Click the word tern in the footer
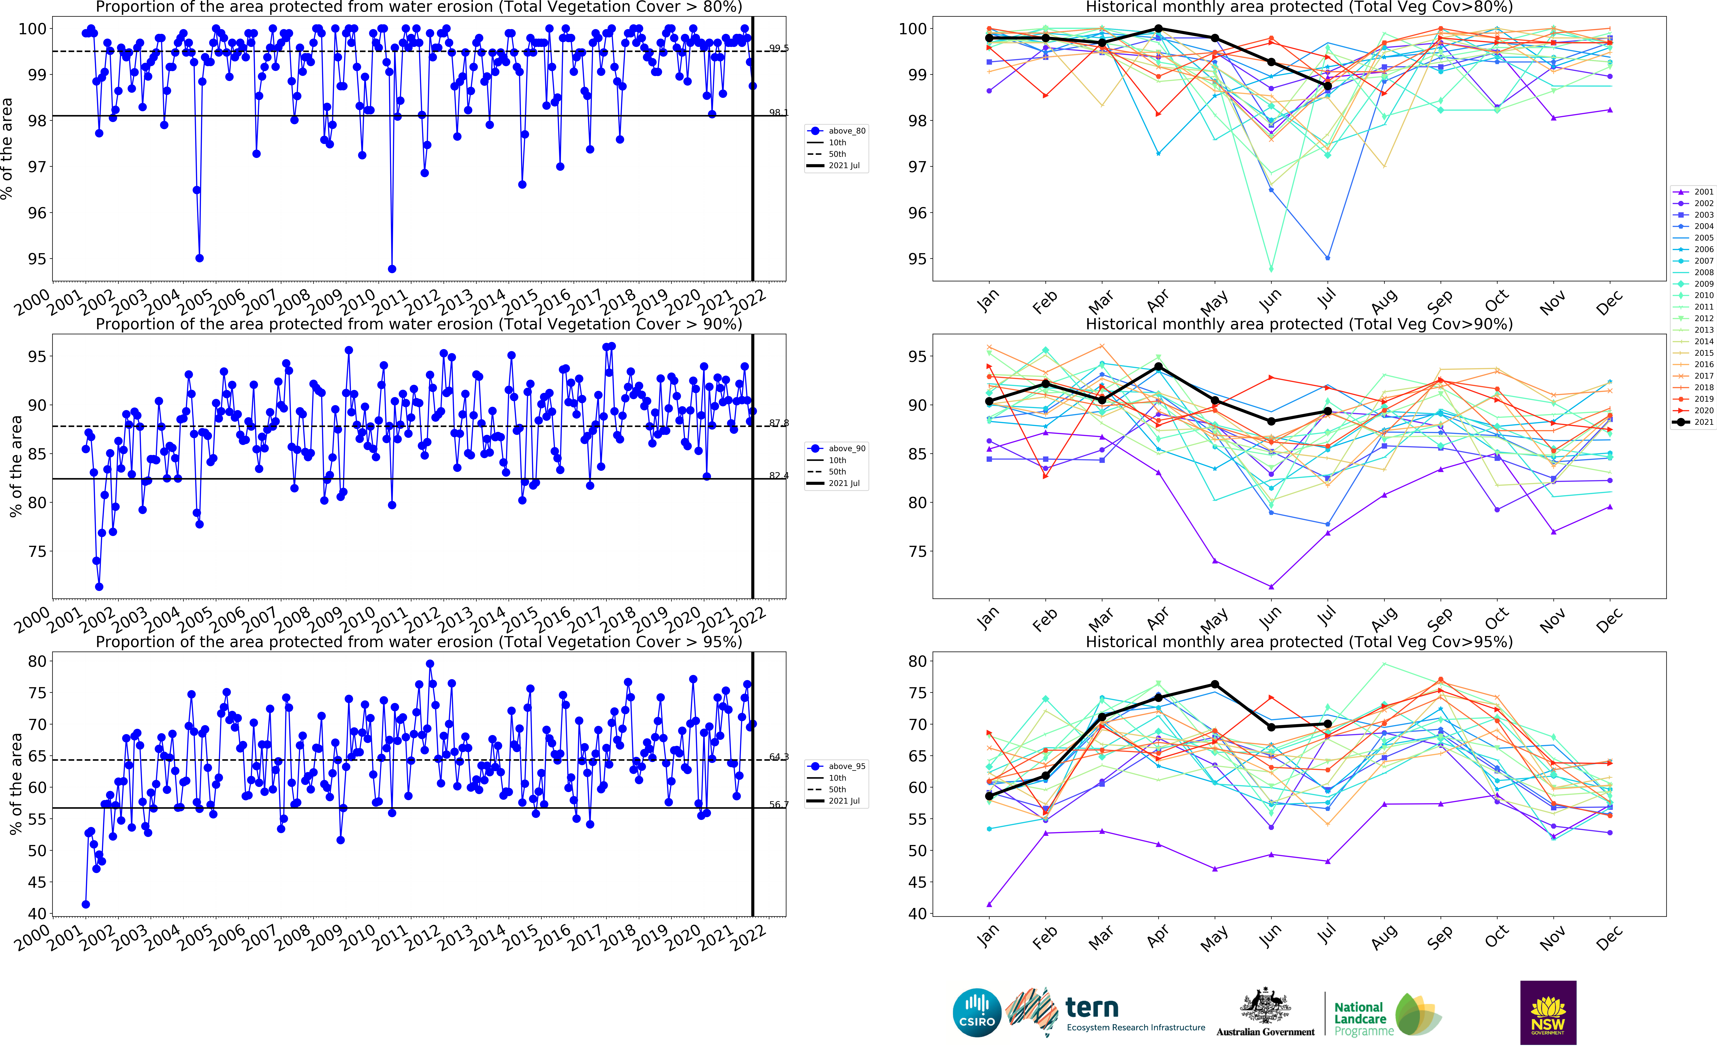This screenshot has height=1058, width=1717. (x=1091, y=1008)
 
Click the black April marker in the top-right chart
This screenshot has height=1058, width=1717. (x=1159, y=29)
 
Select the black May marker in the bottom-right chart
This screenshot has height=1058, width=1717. (x=1215, y=684)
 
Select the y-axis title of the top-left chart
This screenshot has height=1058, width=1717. (x=7, y=148)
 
